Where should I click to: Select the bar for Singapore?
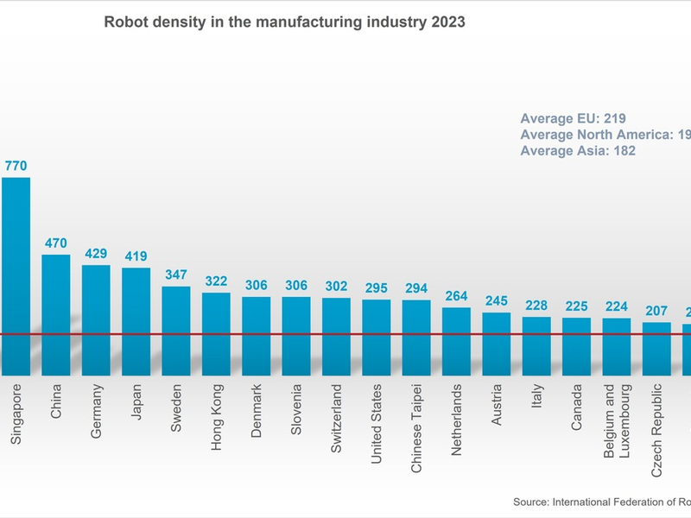point(16,276)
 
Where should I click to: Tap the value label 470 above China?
point(56,243)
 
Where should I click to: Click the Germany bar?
point(96,319)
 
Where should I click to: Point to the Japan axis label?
point(136,401)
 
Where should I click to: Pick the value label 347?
point(176,275)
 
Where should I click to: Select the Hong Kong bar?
point(216,333)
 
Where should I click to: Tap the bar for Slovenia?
point(296,336)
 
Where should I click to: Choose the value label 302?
point(336,287)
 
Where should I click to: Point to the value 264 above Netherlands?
point(456,296)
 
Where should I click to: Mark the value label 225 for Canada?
point(576,306)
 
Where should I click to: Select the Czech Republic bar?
point(656,349)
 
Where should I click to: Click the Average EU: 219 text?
point(573,118)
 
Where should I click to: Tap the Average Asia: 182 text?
point(578,150)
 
